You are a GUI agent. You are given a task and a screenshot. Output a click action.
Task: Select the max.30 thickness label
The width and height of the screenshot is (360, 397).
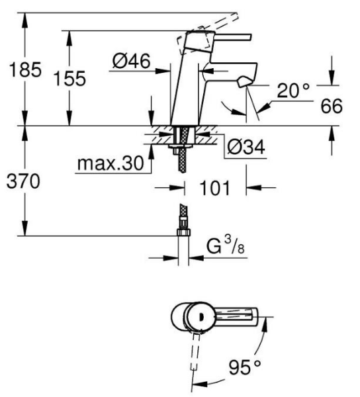[x=109, y=163]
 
